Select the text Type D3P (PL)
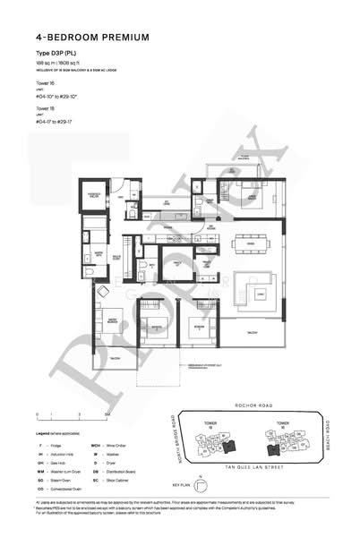click(x=56, y=55)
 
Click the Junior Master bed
click(x=240, y=200)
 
